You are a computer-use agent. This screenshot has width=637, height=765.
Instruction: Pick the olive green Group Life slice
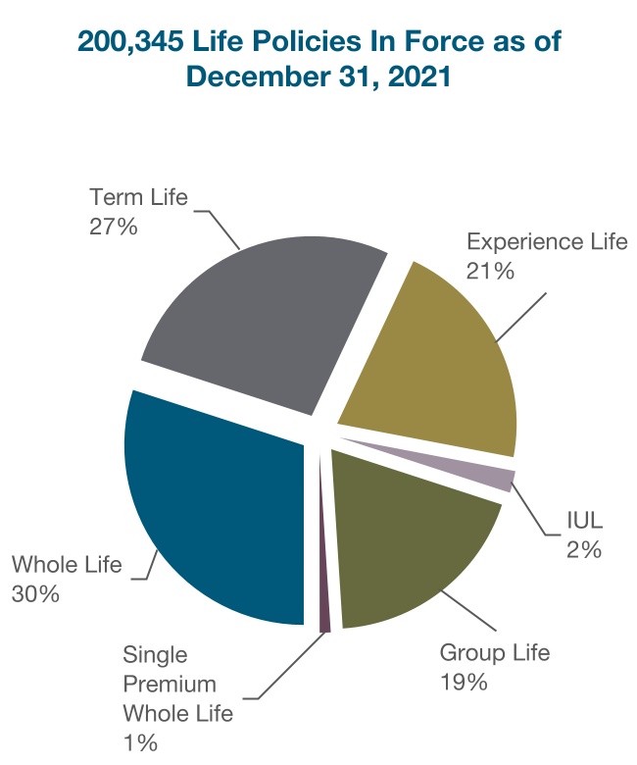[412, 549]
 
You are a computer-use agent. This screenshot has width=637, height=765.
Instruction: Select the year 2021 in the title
[417, 77]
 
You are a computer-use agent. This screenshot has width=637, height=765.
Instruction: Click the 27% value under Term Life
[113, 226]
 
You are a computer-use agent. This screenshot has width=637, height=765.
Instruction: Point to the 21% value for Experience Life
[491, 271]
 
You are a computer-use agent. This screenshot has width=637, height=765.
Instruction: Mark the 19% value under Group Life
[464, 682]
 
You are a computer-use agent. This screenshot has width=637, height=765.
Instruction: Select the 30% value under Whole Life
[36, 593]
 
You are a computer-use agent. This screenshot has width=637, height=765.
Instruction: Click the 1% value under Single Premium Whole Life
[141, 742]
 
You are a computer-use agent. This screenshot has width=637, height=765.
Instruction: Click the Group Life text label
[495, 652]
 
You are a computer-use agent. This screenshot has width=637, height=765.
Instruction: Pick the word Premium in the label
[170, 684]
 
